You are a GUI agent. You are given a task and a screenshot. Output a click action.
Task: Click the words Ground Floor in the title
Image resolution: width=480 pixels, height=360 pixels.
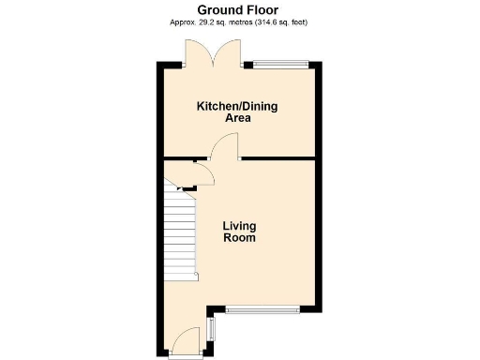[x=239, y=8]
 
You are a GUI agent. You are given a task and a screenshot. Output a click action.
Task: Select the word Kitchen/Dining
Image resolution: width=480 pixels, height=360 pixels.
[x=237, y=107]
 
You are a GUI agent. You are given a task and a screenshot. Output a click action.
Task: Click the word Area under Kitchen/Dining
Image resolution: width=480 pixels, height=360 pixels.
[x=237, y=119]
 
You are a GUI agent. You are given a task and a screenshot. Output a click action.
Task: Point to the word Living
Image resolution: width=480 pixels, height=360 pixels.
[x=239, y=226]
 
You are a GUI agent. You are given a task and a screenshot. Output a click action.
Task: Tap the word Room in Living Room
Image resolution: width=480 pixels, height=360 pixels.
[x=239, y=238]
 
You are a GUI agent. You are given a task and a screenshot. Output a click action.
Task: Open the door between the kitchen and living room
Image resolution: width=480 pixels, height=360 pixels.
[x=226, y=147]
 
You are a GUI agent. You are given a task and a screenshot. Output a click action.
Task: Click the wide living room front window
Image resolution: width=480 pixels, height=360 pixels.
[x=262, y=307]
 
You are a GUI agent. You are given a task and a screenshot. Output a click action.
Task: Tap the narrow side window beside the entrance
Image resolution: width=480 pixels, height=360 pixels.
[x=210, y=329]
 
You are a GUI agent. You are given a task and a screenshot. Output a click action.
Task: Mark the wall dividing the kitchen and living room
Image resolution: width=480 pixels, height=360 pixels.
[x=277, y=158]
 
